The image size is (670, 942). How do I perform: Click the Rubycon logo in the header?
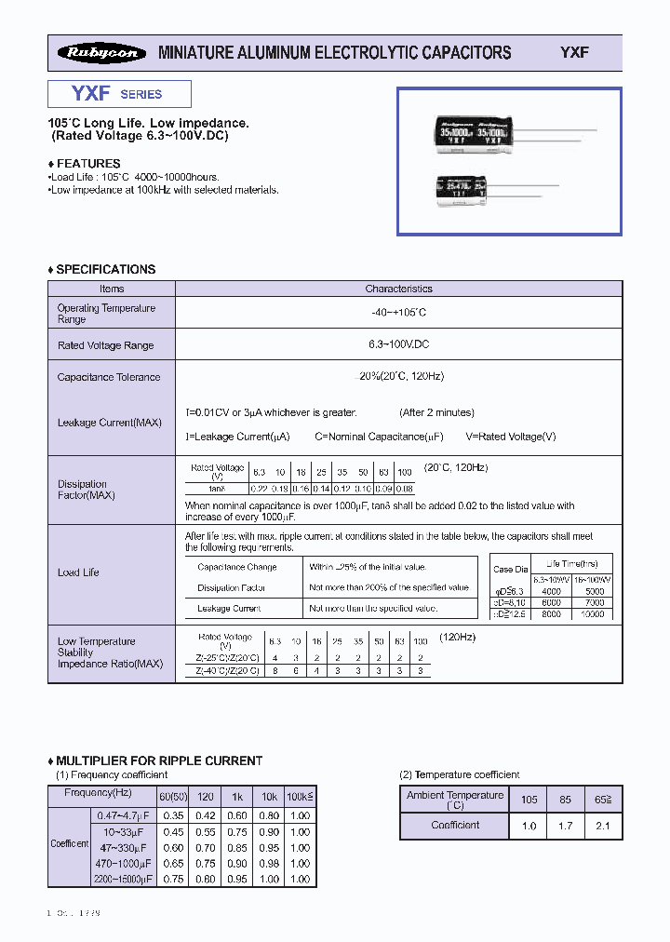coord(101,53)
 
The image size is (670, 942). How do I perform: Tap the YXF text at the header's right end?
coord(574,53)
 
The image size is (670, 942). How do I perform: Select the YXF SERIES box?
coord(119,94)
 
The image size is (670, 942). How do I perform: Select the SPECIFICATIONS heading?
coord(105,269)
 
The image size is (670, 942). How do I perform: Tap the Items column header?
coord(112,289)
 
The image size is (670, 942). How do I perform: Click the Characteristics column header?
coord(398,289)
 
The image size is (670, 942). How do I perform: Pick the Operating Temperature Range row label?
coord(106,314)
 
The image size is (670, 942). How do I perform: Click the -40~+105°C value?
coord(398,314)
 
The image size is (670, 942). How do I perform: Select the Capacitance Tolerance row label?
coord(109,377)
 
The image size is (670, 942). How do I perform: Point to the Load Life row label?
coord(78,572)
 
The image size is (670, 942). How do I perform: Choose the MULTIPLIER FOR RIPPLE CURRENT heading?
coord(159,760)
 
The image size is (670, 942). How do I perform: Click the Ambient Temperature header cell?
coord(455,800)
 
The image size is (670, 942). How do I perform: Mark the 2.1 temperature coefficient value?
coord(604,826)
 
